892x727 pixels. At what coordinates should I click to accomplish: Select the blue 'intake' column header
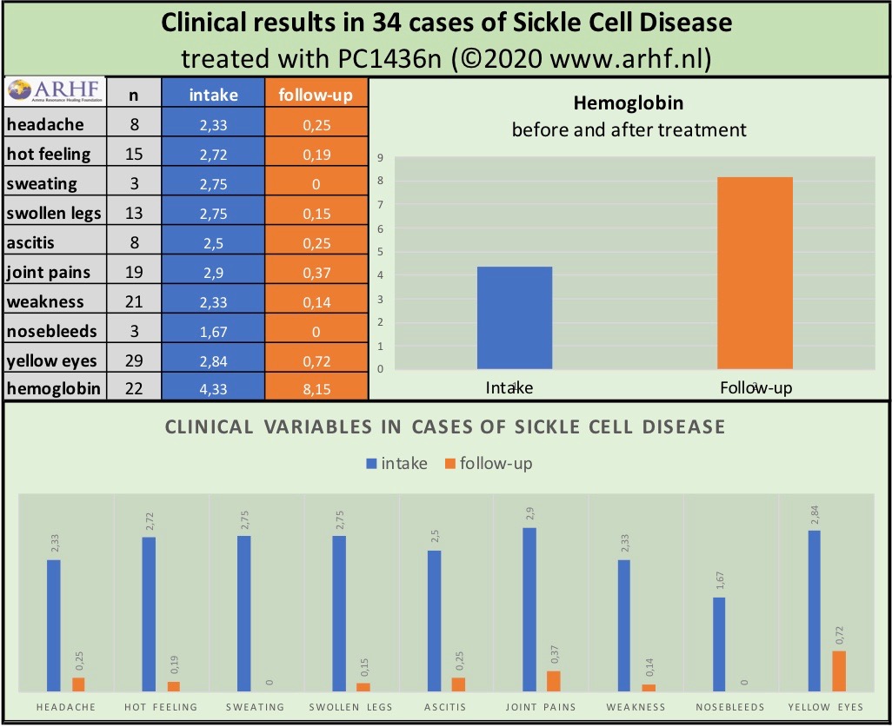coord(213,95)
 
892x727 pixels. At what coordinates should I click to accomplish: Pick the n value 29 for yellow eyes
coord(134,360)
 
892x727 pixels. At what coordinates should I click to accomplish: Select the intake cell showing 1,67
coord(213,331)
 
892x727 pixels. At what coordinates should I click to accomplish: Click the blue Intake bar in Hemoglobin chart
coord(515,317)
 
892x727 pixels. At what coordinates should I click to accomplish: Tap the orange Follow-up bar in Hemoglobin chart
coord(755,273)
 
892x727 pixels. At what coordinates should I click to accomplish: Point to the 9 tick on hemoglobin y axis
coord(381,158)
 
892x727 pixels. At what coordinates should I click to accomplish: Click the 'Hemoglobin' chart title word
coord(629,103)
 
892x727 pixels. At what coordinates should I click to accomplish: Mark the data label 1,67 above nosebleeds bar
coord(719,580)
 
